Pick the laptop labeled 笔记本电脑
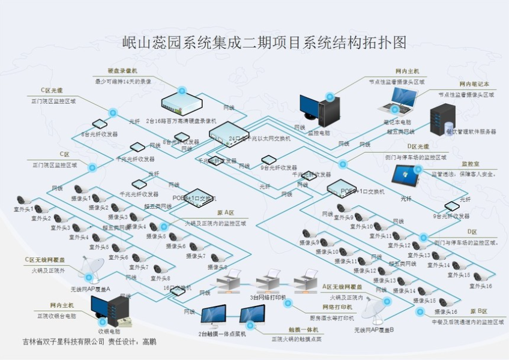[x=398, y=101]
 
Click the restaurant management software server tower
[x=442, y=116]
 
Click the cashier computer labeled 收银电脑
[x=110, y=310]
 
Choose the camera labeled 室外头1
[x=23, y=200]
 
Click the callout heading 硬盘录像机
[x=122, y=71]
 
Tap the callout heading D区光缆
[x=419, y=146]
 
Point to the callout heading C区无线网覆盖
[x=46, y=260]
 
